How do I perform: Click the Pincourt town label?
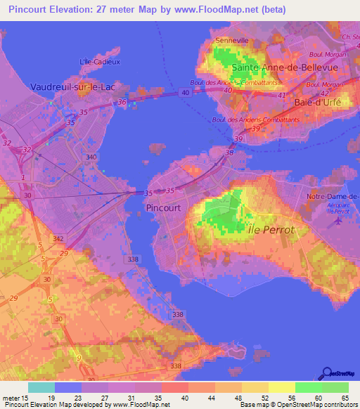pos(163,208)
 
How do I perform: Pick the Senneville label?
pos(232,41)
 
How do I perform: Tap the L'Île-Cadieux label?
pos(97,62)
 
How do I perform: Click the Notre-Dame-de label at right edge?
pos(333,196)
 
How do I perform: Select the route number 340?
pos(91,157)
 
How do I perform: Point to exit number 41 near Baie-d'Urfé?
pos(281,95)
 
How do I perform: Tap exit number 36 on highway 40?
pos(122,103)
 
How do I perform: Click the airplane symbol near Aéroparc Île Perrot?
pos(338,220)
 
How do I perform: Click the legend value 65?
pos(345,398)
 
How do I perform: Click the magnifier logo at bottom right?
pos(327,373)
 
